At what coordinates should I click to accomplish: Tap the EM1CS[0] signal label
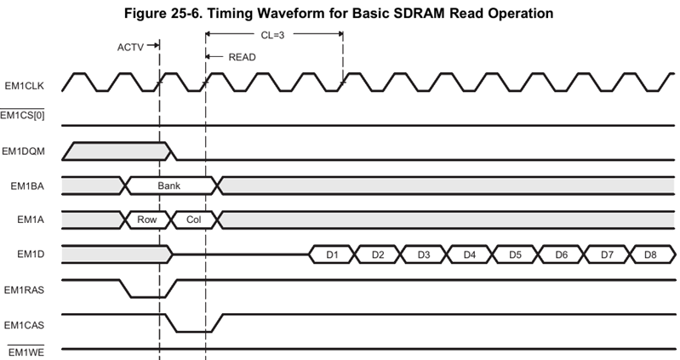coord(26,116)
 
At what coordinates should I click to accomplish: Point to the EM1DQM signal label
coord(26,151)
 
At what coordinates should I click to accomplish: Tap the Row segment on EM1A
coord(147,220)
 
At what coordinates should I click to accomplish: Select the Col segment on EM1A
coord(193,220)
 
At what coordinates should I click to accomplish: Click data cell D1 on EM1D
coord(332,254)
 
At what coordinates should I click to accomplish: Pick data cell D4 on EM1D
coord(470,254)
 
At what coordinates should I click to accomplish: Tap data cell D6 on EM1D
coord(561,254)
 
